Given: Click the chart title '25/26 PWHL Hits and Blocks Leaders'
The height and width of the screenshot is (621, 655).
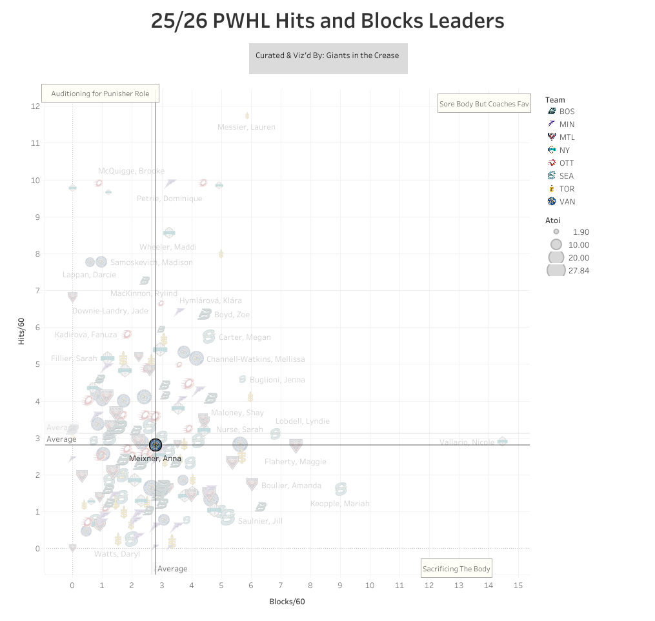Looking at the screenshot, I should (x=327, y=21).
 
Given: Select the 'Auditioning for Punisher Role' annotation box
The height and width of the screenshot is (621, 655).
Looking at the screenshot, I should (x=100, y=94).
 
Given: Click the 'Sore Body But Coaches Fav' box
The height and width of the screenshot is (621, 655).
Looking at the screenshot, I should (x=484, y=103).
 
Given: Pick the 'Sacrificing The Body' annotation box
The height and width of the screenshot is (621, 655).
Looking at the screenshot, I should (x=456, y=568).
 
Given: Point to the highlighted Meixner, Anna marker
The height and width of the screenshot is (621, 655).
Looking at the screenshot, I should (x=155, y=445).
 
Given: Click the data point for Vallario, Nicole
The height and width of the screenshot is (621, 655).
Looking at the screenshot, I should (x=502, y=441).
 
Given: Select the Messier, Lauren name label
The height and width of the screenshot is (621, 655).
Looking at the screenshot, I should (x=246, y=127).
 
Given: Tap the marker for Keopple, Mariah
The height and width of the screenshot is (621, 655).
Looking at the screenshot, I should (x=340, y=489).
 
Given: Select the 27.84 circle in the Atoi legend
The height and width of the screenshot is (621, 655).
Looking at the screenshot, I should (x=556, y=271).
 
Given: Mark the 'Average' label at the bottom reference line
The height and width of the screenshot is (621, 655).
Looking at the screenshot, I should (x=172, y=569).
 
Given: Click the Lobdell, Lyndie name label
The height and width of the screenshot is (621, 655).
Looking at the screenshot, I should (x=302, y=421).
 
